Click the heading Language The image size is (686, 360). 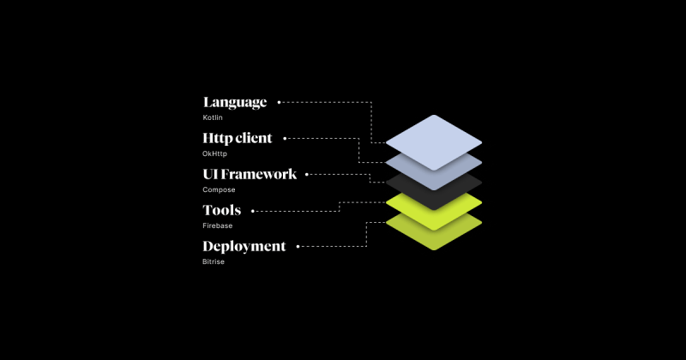(x=235, y=102)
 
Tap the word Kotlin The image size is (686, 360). (x=212, y=117)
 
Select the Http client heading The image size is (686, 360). (x=238, y=138)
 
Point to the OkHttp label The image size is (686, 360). (x=214, y=153)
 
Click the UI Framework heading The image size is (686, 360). (x=250, y=174)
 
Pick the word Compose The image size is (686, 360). (x=219, y=189)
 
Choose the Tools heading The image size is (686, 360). (x=221, y=210)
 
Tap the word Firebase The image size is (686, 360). (x=218, y=225)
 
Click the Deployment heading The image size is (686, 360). (x=244, y=246)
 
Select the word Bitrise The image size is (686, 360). (x=214, y=261)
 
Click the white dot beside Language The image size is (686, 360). (x=280, y=102)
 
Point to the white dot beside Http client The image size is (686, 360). (x=285, y=138)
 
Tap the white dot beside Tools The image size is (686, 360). (x=253, y=210)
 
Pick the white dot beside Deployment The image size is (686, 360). (x=298, y=246)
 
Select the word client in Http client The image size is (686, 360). (x=253, y=138)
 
